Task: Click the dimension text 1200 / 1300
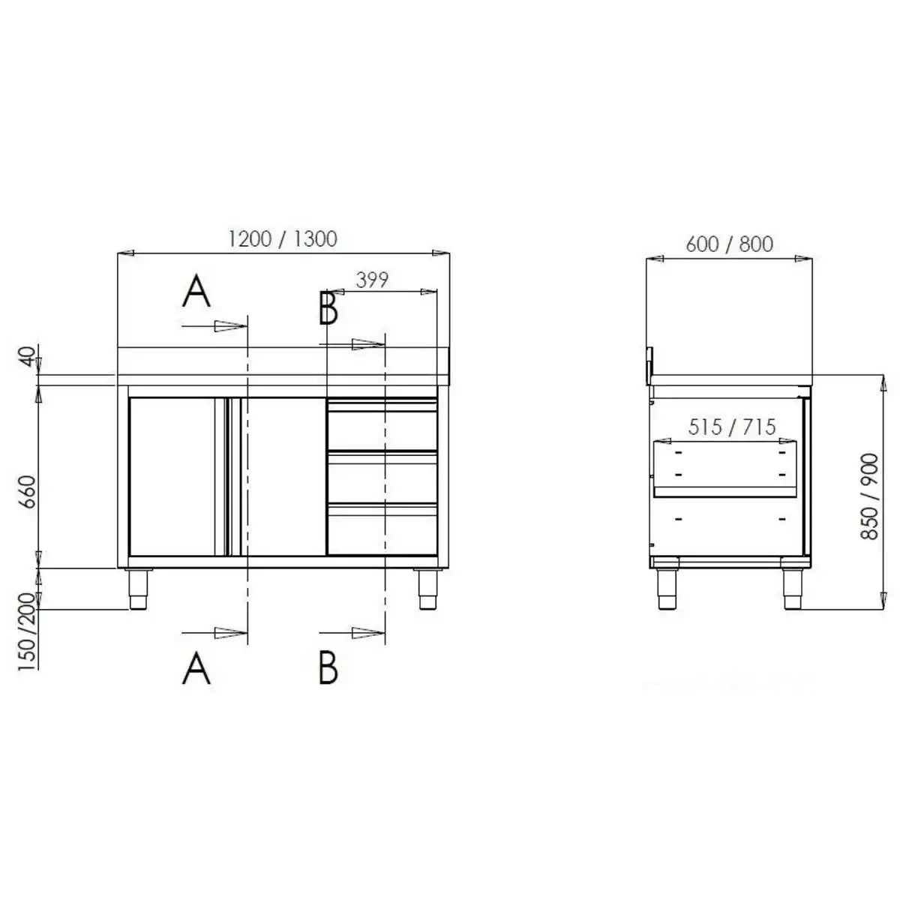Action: click(283, 238)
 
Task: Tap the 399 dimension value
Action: click(372, 280)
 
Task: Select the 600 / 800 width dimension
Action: click(729, 244)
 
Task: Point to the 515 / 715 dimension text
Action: click(732, 427)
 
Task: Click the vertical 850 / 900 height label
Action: click(870, 496)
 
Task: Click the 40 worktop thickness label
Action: click(28, 357)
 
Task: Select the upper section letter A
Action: click(196, 292)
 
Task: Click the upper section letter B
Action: click(328, 308)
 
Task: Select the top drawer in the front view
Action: click(382, 426)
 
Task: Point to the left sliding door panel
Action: click(172, 477)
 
